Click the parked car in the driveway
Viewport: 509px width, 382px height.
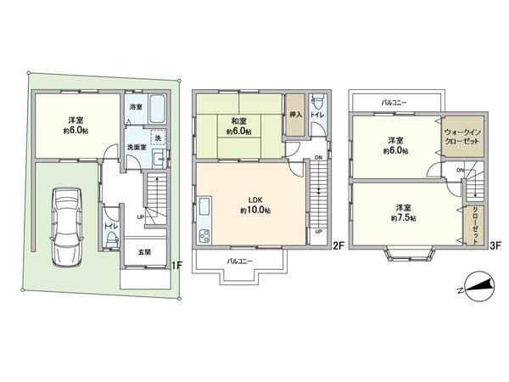pos(66,225)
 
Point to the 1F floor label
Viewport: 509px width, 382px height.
pos(176,266)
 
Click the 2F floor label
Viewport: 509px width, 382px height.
pos(336,247)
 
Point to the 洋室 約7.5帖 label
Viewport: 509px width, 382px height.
pos(404,212)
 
